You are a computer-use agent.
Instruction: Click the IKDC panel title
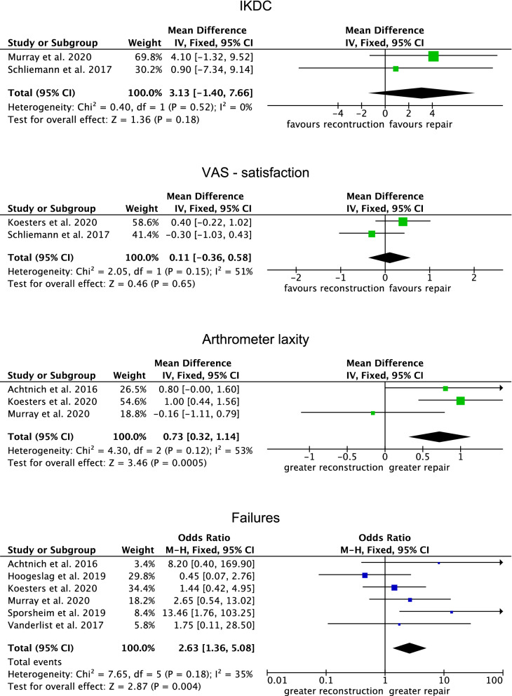[x=255, y=10]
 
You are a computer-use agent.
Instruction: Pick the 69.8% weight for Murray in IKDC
[x=140, y=56]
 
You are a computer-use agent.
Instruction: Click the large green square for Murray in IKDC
[x=433, y=56]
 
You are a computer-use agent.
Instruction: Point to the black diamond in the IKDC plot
[x=422, y=93]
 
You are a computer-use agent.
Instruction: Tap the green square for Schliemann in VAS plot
[x=372, y=234]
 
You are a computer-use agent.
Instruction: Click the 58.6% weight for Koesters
[x=140, y=222]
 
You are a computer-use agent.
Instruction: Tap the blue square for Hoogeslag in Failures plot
[x=365, y=575]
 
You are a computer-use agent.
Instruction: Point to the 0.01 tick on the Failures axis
[x=278, y=679]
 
